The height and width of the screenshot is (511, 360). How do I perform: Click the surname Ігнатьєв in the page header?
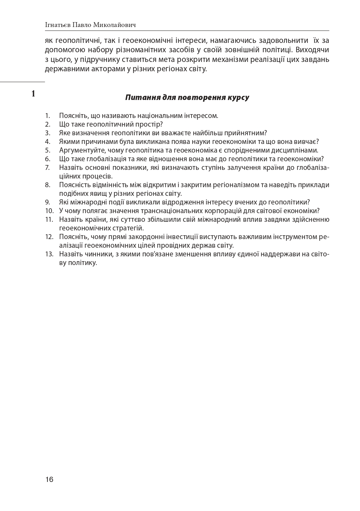click(57, 25)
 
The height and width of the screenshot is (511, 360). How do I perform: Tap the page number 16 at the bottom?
click(49, 479)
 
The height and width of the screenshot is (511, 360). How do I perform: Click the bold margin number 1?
click(33, 93)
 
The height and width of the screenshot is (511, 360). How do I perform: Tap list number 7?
click(48, 168)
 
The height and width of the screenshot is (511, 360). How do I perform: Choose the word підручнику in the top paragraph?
click(91, 59)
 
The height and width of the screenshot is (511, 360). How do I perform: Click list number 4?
click(48, 142)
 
